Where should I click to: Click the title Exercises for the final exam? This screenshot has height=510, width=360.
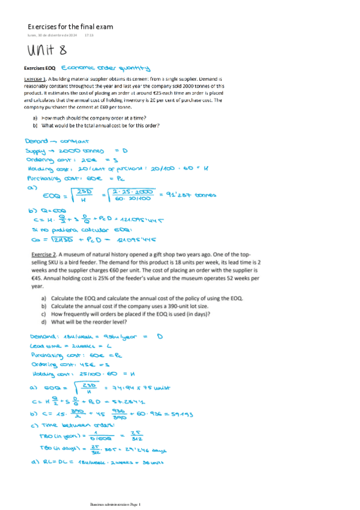70,27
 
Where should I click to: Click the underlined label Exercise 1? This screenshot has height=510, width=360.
35,79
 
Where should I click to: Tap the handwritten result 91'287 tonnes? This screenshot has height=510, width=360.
196,194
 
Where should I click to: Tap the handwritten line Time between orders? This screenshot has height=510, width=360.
70,425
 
